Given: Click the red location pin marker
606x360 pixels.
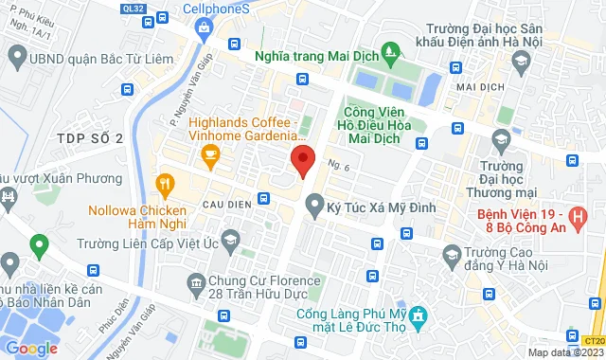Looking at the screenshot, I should coord(301,160).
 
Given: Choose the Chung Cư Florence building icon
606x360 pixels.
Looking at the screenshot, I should coord(196,281).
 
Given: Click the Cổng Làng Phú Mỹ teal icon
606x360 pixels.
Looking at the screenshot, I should coord(419,315).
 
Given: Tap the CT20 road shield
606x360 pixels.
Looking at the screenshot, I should coord(595,340).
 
